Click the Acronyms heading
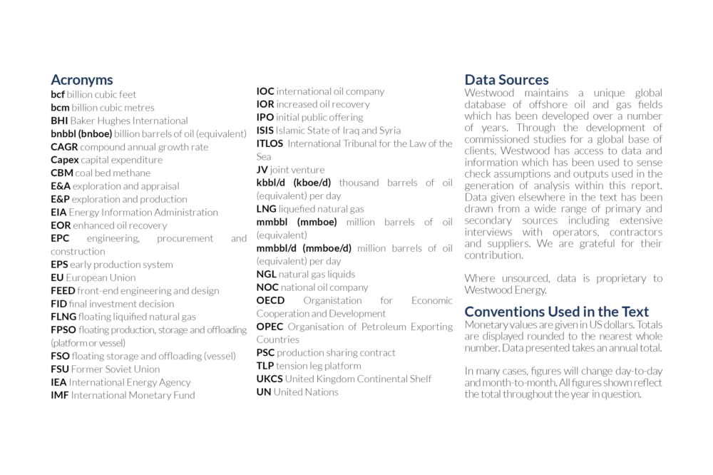point(81,80)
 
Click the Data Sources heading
point(506,80)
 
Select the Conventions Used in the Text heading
point(556,312)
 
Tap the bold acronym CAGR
point(64,147)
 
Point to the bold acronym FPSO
point(63,330)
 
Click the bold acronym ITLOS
point(270,143)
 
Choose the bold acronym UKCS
point(270,379)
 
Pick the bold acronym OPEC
point(270,327)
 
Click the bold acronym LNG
point(266,209)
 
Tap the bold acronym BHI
point(58,121)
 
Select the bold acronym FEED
point(63,291)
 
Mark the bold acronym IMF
point(59,395)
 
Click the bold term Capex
point(64,160)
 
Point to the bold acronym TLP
point(265,366)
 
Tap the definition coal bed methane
point(113,173)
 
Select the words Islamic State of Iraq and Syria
point(338,131)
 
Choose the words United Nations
point(306,392)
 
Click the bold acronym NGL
point(266,275)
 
